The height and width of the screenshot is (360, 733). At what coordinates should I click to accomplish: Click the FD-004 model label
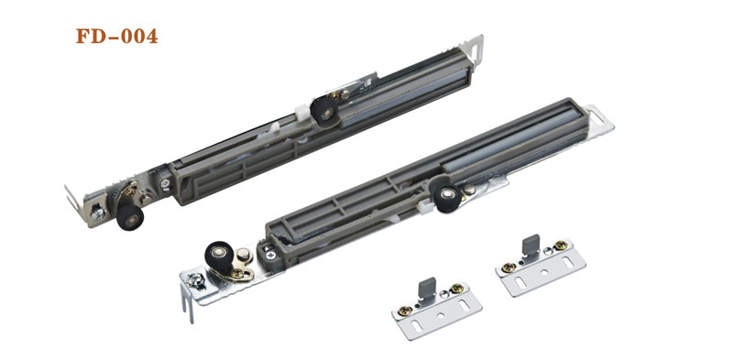[x=117, y=36]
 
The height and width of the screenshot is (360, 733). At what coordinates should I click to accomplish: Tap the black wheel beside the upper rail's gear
[x=129, y=216]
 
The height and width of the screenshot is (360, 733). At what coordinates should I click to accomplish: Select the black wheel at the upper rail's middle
[x=324, y=110]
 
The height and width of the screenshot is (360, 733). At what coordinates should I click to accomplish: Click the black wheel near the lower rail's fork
[x=218, y=256]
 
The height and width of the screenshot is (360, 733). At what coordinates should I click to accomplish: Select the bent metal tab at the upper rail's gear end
[x=72, y=198]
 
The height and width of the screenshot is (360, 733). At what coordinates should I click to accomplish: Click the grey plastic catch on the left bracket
[x=427, y=286]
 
